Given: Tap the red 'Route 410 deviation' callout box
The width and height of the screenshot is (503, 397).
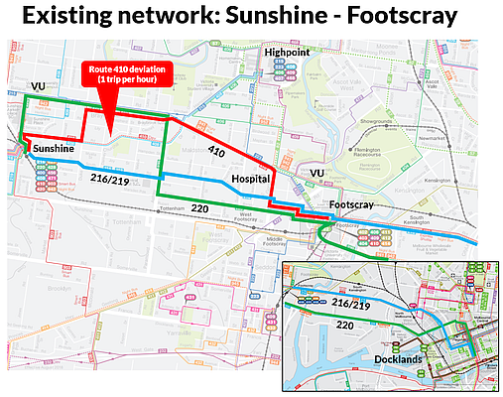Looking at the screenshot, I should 125,73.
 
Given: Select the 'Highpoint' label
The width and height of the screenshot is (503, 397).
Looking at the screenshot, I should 289,51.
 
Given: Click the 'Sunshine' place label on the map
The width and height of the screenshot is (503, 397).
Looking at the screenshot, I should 53,148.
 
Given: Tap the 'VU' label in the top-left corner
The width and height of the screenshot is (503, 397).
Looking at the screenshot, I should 39,89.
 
